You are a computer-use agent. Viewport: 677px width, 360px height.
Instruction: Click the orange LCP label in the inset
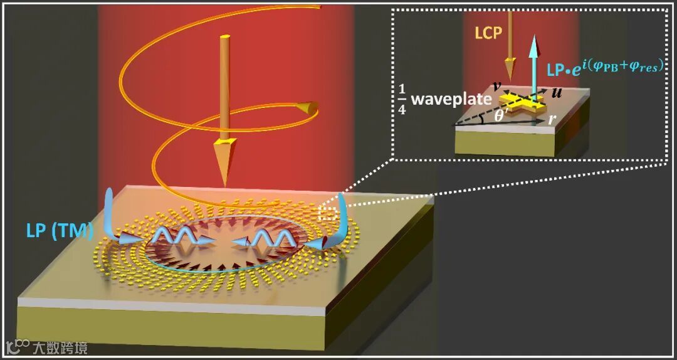tap(489, 32)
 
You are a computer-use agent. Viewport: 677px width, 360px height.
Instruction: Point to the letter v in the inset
tap(497, 85)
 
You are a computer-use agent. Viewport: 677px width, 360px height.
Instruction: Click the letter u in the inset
tap(555, 93)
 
